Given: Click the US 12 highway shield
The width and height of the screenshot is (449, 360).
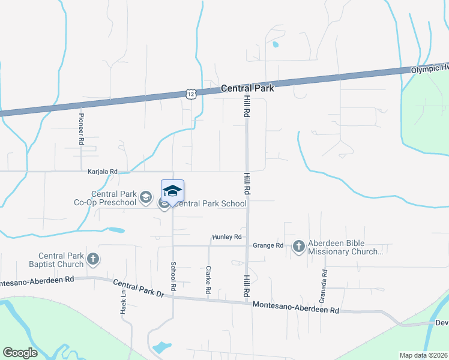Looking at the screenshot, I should (190, 94).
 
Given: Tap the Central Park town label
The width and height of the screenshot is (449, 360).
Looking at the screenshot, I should (247, 88).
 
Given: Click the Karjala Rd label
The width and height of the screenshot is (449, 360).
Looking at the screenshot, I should (103, 171).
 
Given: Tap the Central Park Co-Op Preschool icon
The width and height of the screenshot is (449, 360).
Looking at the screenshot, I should (145, 197).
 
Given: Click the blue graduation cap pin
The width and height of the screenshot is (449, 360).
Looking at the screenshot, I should (172, 191).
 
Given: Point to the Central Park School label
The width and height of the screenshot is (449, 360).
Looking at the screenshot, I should (211, 203).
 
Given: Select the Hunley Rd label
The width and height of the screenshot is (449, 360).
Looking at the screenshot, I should (226, 237).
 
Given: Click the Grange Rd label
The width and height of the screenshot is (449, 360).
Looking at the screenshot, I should (268, 245).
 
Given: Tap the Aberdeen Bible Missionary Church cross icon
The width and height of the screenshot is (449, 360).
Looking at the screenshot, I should (298, 246).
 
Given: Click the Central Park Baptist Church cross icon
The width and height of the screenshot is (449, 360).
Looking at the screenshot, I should (92, 259).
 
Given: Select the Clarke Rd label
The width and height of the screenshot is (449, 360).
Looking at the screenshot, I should (208, 280).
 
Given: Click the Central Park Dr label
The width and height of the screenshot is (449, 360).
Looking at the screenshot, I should (138, 287).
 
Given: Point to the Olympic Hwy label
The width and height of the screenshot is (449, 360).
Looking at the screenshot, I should (429, 69).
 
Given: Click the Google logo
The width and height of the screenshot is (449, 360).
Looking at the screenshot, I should (20, 353).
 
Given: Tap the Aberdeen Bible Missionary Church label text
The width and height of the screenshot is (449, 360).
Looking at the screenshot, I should (345, 248).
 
